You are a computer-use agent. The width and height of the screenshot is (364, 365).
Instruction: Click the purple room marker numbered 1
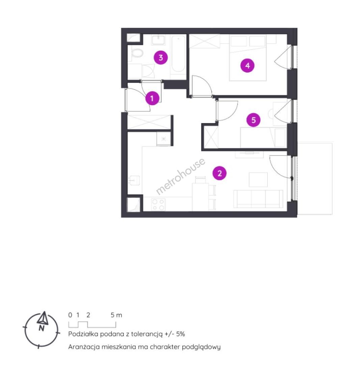point(152,98)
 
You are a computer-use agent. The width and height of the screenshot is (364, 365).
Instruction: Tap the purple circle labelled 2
point(219,173)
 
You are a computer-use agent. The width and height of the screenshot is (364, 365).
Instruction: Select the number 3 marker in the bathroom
point(161,57)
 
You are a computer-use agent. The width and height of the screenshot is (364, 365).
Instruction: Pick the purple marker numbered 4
point(247,66)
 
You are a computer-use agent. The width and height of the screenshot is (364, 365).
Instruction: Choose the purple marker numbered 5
point(254,120)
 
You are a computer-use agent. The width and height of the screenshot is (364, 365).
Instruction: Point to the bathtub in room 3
point(179,54)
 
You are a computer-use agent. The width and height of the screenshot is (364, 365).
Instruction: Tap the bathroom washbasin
point(159,40)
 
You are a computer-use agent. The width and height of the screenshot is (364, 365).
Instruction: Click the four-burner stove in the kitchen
point(158,204)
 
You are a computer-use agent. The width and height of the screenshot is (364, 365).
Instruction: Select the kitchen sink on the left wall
point(134,180)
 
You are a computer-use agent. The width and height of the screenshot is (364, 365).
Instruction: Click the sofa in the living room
point(258,199)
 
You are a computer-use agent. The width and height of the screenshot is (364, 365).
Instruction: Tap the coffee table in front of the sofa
point(258,179)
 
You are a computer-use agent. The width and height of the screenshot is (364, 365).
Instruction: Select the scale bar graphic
point(92,324)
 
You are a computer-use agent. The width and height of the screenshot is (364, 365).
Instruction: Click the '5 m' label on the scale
point(116,315)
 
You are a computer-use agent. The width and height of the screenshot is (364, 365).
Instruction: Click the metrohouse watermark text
point(181,176)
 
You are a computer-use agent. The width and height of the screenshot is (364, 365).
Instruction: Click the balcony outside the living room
point(315,178)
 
